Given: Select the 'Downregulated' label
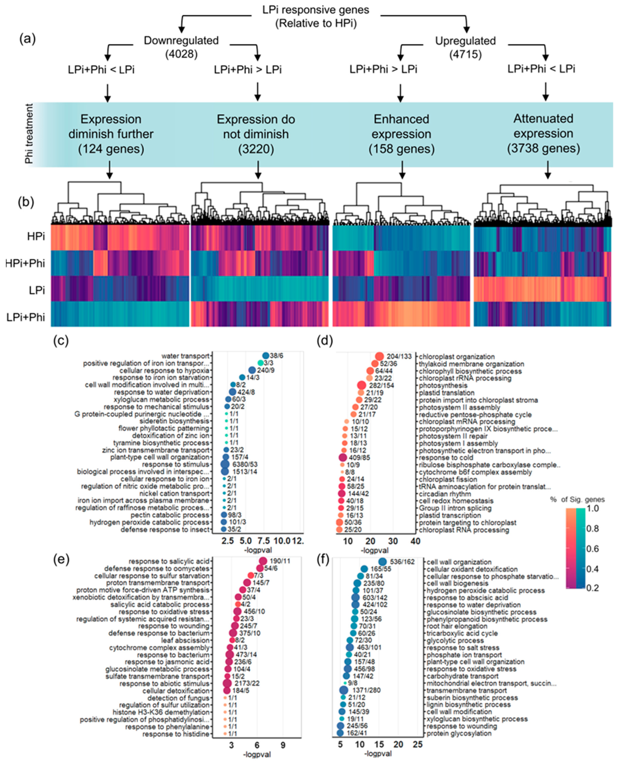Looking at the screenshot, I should click(x=181, y=41).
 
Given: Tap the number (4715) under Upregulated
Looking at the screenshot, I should click(x=465, y=54).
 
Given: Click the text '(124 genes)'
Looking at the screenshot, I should click(x=111, y=149).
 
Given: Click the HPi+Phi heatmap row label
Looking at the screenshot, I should click(x=26, y=263).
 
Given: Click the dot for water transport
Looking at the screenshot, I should click(x=266, y=356).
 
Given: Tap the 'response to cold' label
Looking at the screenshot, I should click(x=446, y=458).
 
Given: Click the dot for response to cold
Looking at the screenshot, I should click(x=343, y=457).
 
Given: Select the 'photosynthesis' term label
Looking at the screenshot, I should click(x=443, y=385).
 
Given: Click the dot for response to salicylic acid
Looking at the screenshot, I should click(x=263, y=561).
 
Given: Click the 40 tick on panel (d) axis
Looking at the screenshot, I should click(x=415, y=541).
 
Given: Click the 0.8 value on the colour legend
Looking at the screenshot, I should click(x=603, y=529).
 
